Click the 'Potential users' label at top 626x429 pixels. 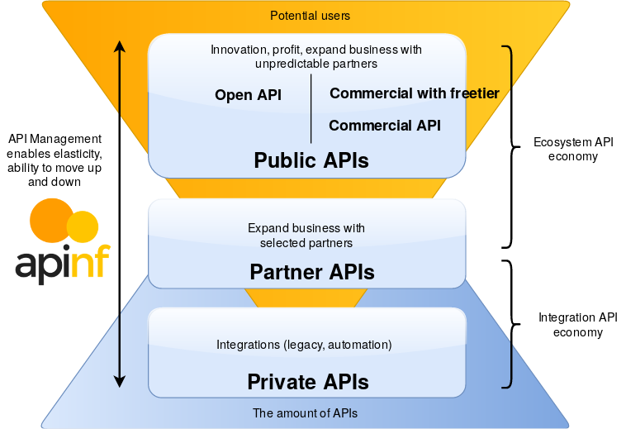point(311,16)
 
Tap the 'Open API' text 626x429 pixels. point(248,95)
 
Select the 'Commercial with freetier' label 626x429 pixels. point(415,93)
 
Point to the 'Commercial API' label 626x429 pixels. point(384,126)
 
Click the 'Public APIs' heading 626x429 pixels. point(311,160)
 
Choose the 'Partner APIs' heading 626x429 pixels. point(312,272)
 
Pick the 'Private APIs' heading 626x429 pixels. point(308,382)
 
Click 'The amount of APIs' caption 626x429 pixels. point(305,412)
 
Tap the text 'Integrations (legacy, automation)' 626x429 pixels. point(304,344)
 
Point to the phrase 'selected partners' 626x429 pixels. point(306,243)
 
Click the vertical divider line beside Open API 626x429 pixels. point(311,109)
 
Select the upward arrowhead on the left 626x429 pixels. point(120,46)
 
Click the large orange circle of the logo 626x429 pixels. point(52,220)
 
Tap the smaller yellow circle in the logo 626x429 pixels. point(83,226)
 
